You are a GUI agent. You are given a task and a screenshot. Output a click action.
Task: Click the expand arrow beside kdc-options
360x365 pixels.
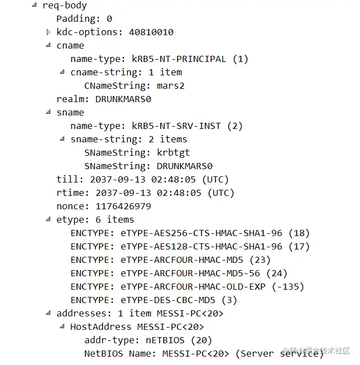[49, 32]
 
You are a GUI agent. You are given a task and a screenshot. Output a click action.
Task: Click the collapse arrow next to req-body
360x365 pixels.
[35, 6]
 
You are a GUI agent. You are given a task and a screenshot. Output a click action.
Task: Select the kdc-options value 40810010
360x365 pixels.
[151, 32]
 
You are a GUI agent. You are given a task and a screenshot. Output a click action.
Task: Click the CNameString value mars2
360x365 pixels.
[170, 86]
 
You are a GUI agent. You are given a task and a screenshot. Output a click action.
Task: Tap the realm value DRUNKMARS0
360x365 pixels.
[123, 99]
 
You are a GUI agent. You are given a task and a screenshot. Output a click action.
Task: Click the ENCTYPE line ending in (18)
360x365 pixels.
[190, 233]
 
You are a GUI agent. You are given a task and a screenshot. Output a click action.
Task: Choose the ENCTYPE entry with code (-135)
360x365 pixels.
[188, 287]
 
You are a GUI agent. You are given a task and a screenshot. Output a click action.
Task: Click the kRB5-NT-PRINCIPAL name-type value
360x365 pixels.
[179, 59]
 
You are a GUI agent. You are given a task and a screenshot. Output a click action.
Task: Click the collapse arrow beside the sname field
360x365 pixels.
[49, 113]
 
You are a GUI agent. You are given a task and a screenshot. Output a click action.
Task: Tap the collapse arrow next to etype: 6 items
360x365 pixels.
[49, 220]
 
